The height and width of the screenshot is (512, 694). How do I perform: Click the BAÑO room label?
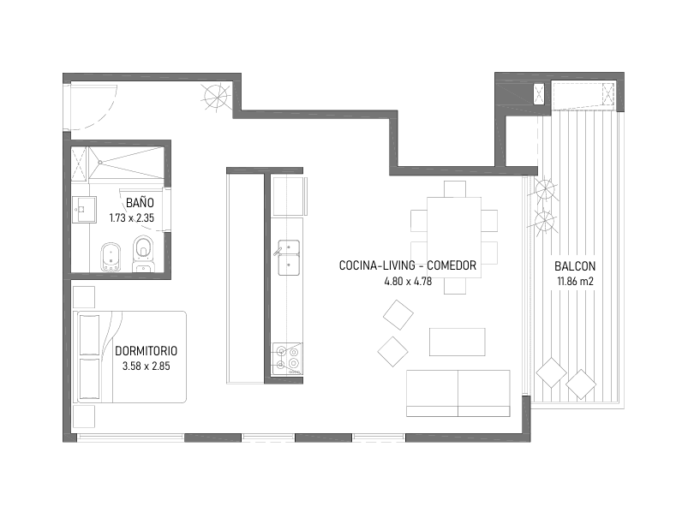[140, 203]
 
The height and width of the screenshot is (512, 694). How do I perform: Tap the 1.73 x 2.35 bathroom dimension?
[131, 217]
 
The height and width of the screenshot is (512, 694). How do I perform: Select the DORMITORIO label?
[146, 351]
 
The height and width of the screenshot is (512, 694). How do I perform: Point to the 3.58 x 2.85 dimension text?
[146, 366]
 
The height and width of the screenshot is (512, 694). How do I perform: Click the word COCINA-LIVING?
[377, 265]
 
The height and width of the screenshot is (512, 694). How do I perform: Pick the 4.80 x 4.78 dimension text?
[408, 281]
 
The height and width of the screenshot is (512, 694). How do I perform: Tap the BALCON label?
[575, 266]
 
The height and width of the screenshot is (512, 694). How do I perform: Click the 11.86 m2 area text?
[575, 281]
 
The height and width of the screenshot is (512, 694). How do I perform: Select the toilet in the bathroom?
[143, 255]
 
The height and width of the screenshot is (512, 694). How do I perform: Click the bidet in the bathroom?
[111, 257]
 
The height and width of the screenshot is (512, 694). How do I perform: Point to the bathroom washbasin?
[84, 210]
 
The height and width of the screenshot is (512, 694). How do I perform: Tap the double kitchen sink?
[289, 258]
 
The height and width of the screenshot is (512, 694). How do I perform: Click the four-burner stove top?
[287, 359]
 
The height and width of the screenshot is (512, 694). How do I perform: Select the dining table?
[454, 237]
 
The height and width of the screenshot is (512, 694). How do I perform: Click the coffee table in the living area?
[458, 342]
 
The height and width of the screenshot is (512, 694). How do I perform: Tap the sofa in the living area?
[458, 394]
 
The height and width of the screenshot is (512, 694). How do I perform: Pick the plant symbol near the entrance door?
[217, 97]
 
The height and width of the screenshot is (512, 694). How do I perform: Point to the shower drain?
[100, 163]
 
